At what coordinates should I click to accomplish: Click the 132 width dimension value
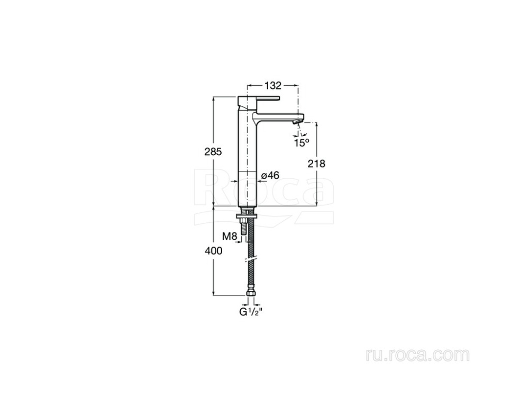coord(272,86)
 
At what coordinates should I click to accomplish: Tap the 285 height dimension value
coord(213,152)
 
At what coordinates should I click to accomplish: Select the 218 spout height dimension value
coord(316,164)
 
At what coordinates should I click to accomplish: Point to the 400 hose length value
coord(213,251)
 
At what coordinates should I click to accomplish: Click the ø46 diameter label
coord(270,176)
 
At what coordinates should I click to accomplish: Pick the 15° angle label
coord(302,143)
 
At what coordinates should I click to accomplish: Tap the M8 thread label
coord(230,236)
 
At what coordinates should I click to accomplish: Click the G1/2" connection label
coord(251,312)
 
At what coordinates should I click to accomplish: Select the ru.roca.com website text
coord(417,355)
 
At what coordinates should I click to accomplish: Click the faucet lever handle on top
coord(259,99)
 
